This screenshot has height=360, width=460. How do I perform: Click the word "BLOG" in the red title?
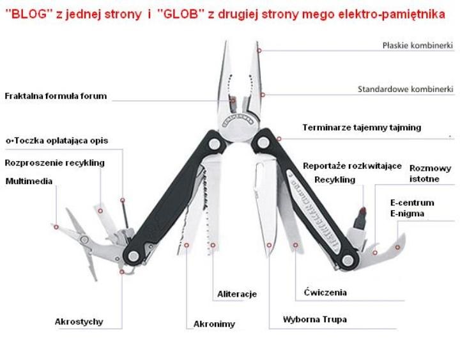(x=29, y=14)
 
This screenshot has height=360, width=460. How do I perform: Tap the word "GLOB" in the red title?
(x=180, y=14)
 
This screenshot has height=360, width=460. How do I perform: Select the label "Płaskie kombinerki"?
(x=417, y=45)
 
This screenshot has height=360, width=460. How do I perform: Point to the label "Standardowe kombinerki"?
(x=406, y=90)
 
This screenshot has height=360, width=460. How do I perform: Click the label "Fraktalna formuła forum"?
(x=56, y=96)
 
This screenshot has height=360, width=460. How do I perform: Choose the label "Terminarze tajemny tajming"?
(x=362, y=128)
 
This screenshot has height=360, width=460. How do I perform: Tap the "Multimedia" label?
(x=29, y=181)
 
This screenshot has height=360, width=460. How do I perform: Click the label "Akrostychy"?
(x=79, y=322)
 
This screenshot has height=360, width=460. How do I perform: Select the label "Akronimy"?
(x=214, y=324)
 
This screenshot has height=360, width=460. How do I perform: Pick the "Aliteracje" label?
(x=237, y=294)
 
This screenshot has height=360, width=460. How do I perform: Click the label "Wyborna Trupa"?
(x=315, y=320)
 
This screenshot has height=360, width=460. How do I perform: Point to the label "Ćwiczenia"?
(x=325, y=292)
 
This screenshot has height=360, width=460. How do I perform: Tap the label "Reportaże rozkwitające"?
(x=352, y=166)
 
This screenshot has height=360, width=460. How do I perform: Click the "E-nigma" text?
(x=407, y=214)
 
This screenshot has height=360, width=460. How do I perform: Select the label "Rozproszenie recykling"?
(x=55, y=163)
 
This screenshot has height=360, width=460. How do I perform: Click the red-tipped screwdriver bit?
(x=360, y=218)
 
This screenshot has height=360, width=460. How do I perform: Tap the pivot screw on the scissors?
(x=84, y=240)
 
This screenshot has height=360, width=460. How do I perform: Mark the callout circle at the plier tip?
(x=259, y=51)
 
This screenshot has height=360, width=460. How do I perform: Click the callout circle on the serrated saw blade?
(x=213, y=245)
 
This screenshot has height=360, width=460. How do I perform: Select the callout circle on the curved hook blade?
(x=397, y=247)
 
